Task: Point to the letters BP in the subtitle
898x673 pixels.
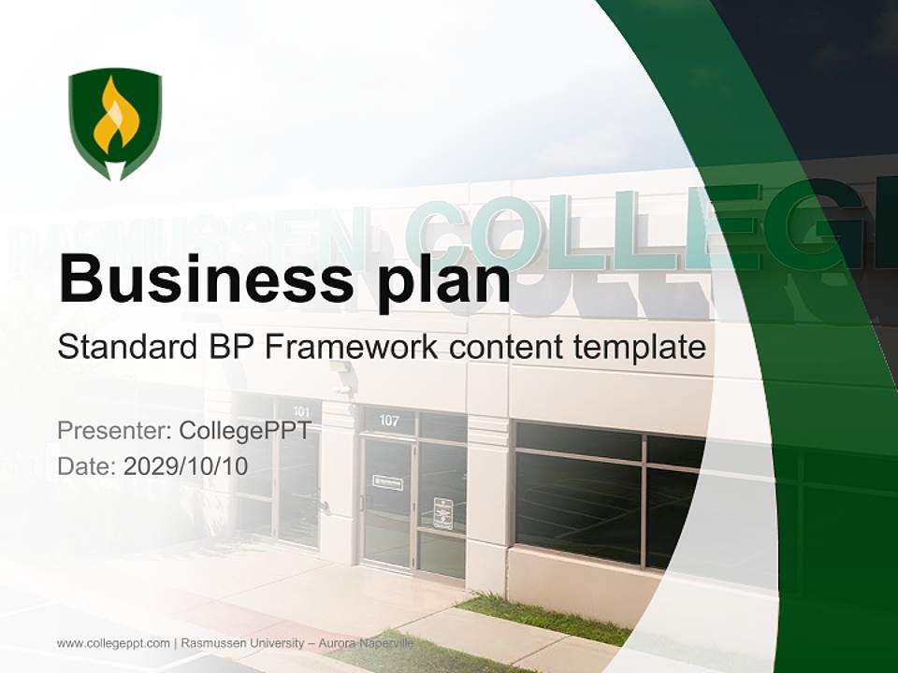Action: (227, 348)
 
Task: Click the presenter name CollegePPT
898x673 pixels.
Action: (245, 431)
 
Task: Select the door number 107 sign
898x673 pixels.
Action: (389, 421)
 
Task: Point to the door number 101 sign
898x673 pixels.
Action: (301, 411)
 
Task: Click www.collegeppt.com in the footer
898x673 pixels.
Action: (113, 643)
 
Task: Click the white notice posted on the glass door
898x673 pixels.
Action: (442, 513)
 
